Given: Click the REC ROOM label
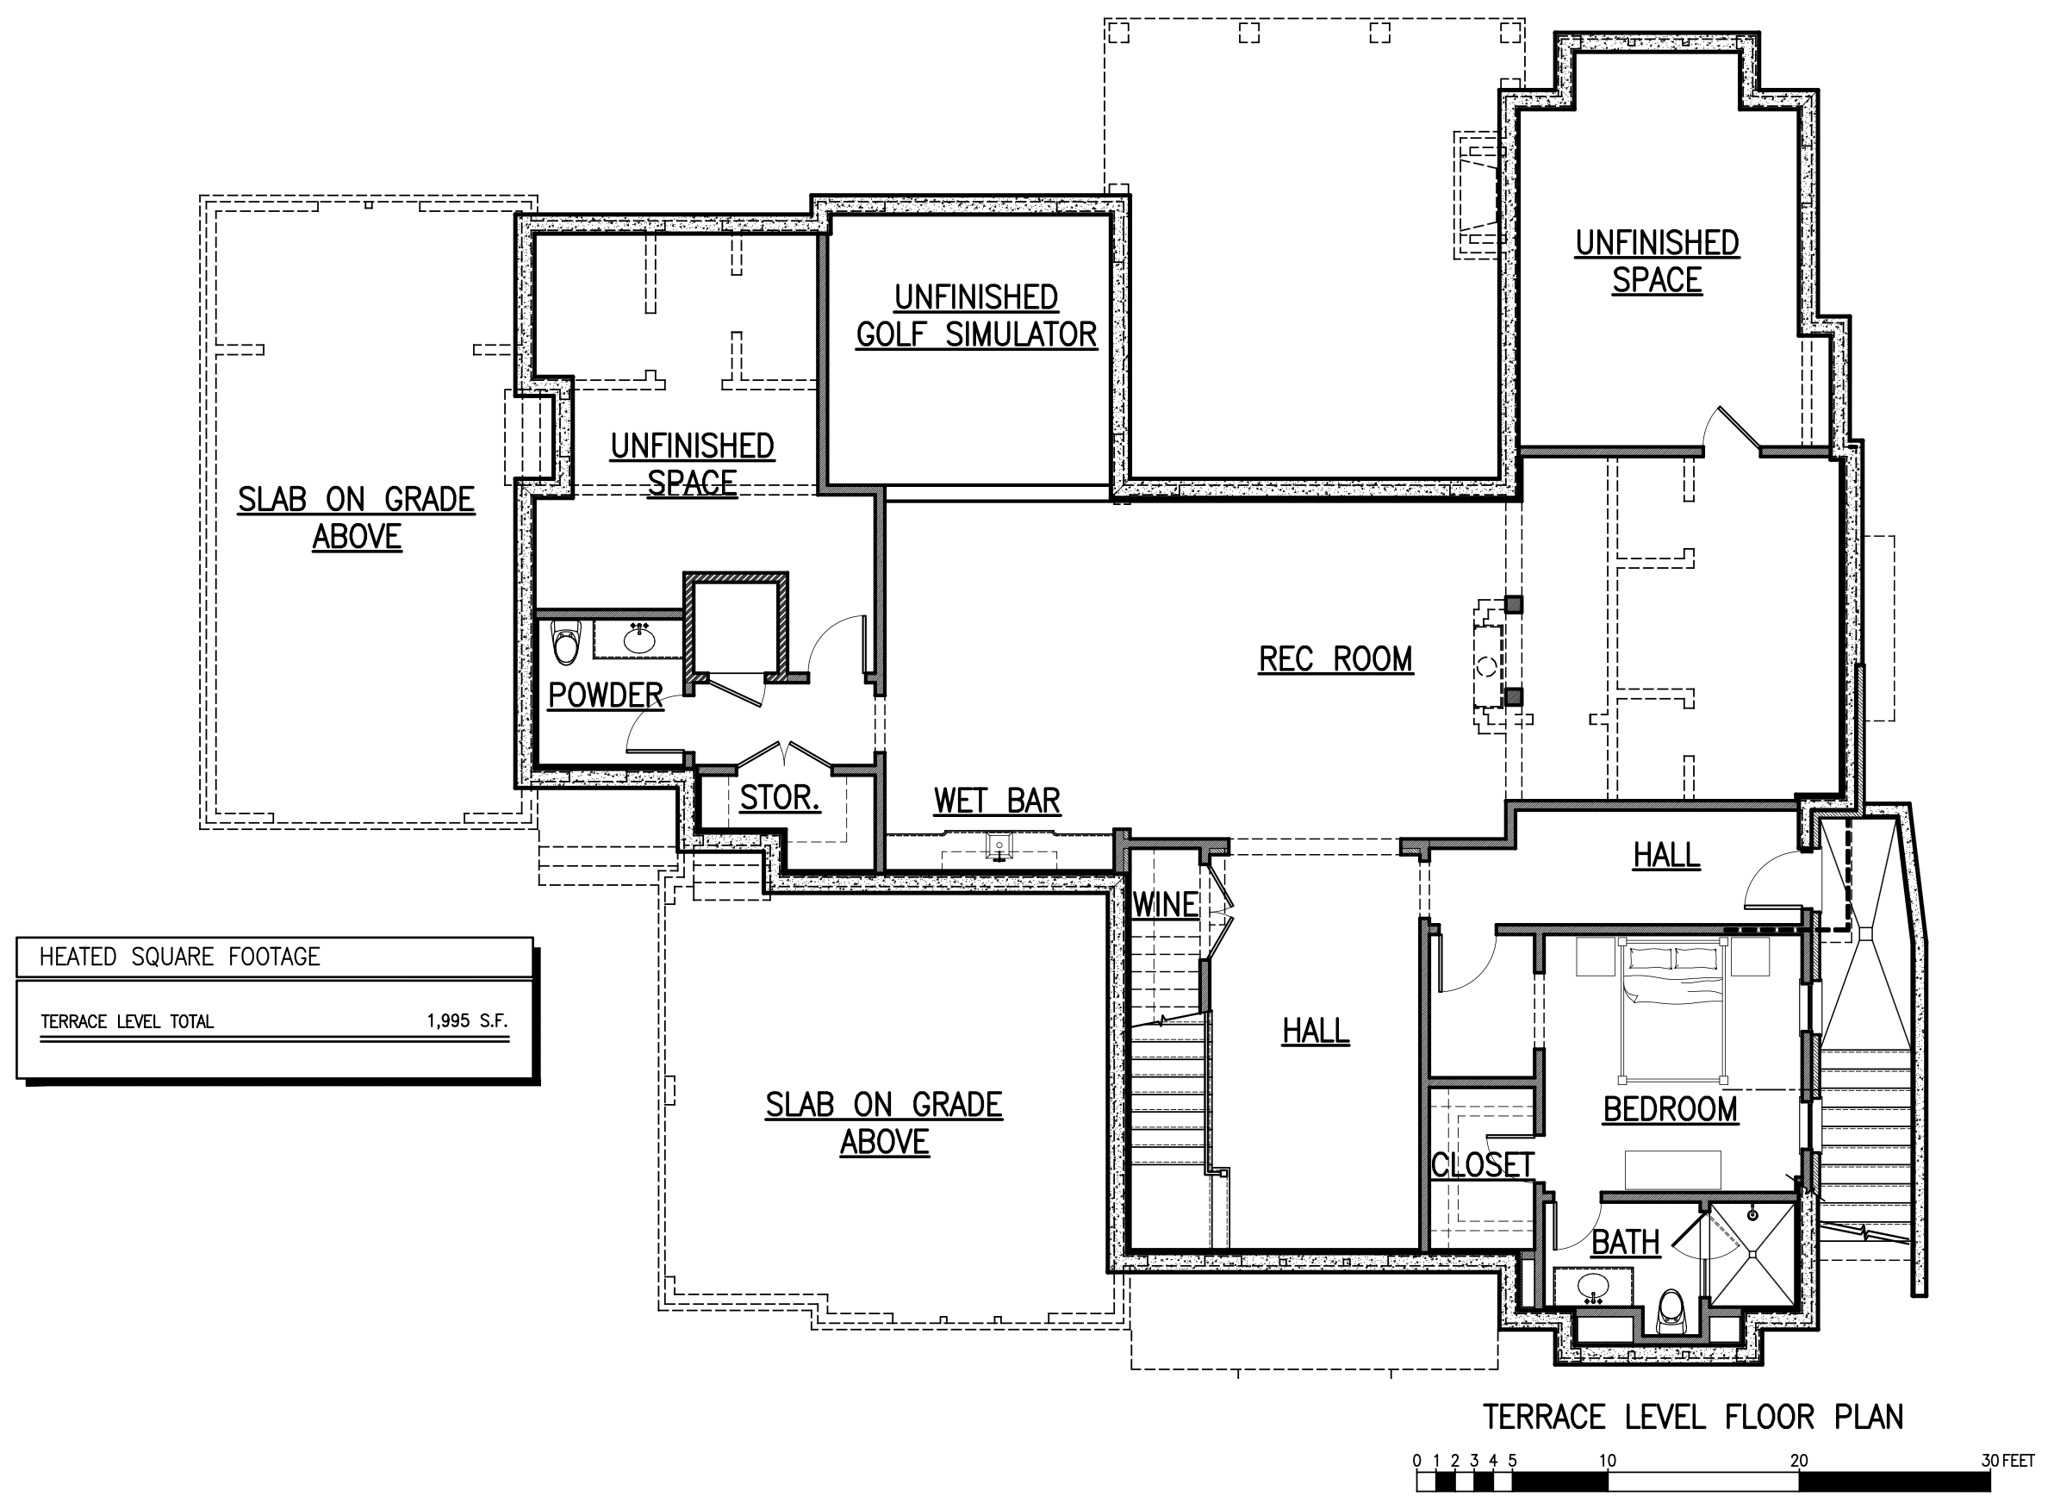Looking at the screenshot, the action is click(1335, 658).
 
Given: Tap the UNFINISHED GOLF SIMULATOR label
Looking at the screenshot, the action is click(976, 316).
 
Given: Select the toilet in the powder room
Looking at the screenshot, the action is click(566, 642).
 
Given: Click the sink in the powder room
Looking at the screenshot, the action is click(639, 639).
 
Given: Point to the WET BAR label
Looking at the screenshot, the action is click(997, 801).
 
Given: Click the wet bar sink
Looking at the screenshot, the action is click(999, 848).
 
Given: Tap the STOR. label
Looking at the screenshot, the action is click(780, 798).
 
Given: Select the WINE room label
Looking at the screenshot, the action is click(1165, 905).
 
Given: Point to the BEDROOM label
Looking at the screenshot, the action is click(1670, 1109).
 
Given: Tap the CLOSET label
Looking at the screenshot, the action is click(1482, 1164).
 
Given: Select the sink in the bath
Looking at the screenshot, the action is click(1593, 1288).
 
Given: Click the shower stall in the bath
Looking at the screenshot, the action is click(1752, 1255).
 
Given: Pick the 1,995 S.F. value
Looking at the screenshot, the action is click(467, 1020).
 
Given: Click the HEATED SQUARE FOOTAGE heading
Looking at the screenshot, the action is click(179, 957).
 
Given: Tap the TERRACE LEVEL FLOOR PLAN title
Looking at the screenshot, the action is click(1693, 1417).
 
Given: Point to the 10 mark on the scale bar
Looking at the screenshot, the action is click(1608, 1461).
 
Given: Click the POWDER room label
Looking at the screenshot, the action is click(605, 695).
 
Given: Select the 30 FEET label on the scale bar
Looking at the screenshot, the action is click(2007, 1461).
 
